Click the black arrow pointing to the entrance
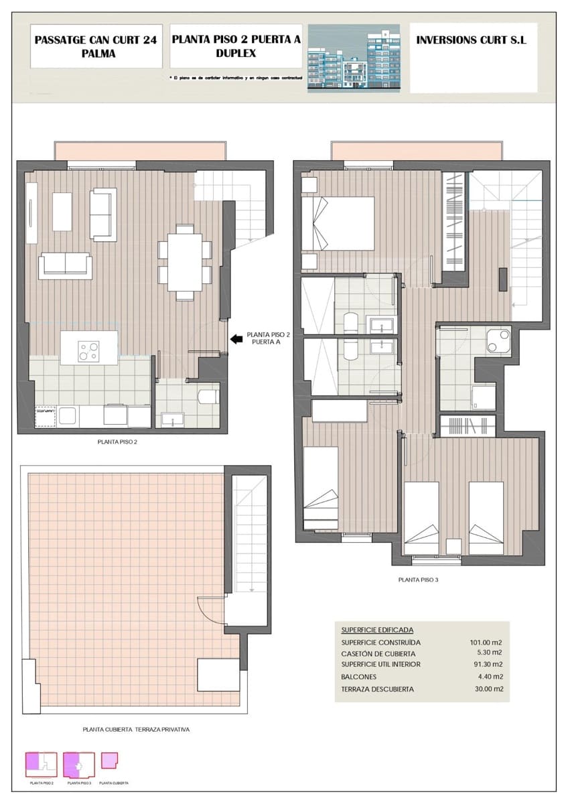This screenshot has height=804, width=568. coord(236,339)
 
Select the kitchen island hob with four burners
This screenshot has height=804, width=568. coord(88,350)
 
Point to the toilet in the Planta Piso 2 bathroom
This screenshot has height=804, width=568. coord(208,397)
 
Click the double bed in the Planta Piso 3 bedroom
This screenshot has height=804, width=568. coord(338,223)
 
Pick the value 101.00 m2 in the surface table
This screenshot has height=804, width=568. coord(486,643)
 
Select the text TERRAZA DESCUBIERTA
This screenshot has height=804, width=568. coord(377,689)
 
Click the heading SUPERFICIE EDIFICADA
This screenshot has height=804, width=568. coord(377,630)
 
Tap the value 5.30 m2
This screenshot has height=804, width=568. coord(489,653)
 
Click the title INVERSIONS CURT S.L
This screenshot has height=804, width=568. coord(472,40)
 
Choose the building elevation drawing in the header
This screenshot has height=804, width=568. coord(354,58)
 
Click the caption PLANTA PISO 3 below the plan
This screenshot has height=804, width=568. coord(418,580)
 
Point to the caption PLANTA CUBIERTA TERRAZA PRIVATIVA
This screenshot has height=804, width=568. coord(136,730)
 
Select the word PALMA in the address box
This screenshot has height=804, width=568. coord(96,54)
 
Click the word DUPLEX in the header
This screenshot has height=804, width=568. coord(236,54)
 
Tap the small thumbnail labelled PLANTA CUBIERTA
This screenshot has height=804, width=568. coord(109,760)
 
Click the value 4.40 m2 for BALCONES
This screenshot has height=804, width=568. coord(489,677)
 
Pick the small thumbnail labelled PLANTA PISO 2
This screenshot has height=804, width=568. coord(41,764)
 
